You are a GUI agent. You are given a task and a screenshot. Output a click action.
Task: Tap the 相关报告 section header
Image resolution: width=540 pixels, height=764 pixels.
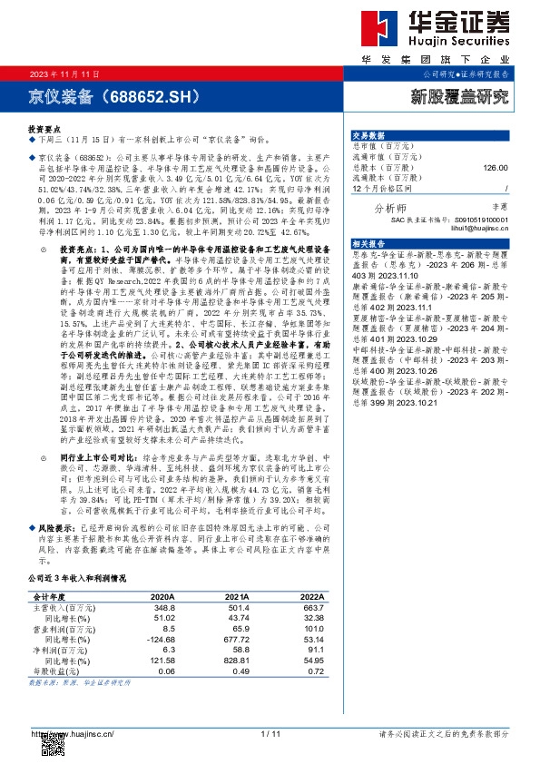click(x=368, y=244)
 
